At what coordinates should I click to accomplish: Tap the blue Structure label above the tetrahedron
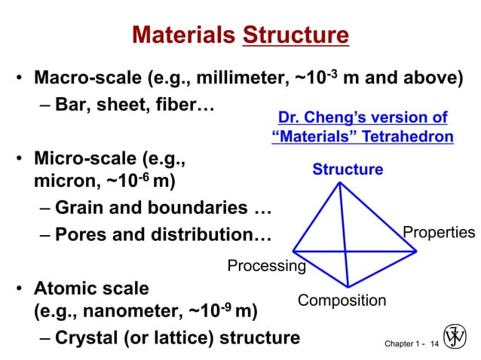348,169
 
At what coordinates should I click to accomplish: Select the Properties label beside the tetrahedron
439,232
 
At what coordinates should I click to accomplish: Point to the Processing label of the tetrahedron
266,266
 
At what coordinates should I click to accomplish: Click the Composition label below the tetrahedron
342,301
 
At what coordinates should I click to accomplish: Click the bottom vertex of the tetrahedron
348,286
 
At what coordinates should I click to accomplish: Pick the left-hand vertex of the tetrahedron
293,251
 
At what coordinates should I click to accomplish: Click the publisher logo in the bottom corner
455,336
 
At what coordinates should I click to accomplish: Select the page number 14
433,343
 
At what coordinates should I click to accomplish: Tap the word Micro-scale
84,160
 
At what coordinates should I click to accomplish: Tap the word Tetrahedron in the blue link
408,137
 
